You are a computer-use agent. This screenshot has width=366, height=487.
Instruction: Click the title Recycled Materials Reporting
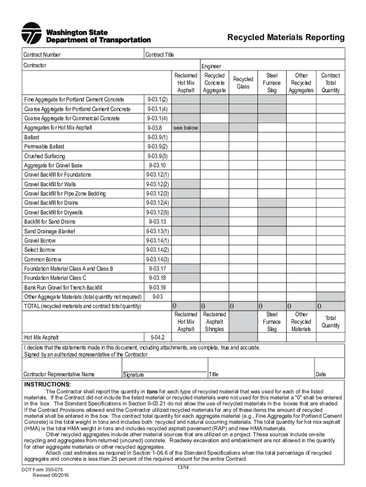(286, 38)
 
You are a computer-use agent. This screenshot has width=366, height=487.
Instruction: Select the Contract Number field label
(42, 55)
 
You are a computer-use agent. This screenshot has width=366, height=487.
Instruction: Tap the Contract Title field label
(160, 55)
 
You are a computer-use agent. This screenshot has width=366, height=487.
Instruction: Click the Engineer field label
(211, 67)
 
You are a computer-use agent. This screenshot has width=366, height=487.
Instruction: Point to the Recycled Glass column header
(243, 83)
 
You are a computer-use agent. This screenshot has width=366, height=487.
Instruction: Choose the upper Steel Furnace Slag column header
(272, 83)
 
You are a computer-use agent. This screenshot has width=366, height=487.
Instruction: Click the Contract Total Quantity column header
(330, 83)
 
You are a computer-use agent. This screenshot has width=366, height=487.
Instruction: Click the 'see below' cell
(186, 128)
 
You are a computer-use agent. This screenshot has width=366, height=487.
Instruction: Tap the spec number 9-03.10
(157, 166)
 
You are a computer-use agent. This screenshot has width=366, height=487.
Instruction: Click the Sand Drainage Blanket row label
(49, 231)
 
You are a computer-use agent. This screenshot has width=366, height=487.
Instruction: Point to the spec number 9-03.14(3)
(157, 259)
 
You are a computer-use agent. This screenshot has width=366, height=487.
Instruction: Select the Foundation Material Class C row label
(55, 278)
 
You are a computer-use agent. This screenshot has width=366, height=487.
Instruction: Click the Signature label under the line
(134, 375)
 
